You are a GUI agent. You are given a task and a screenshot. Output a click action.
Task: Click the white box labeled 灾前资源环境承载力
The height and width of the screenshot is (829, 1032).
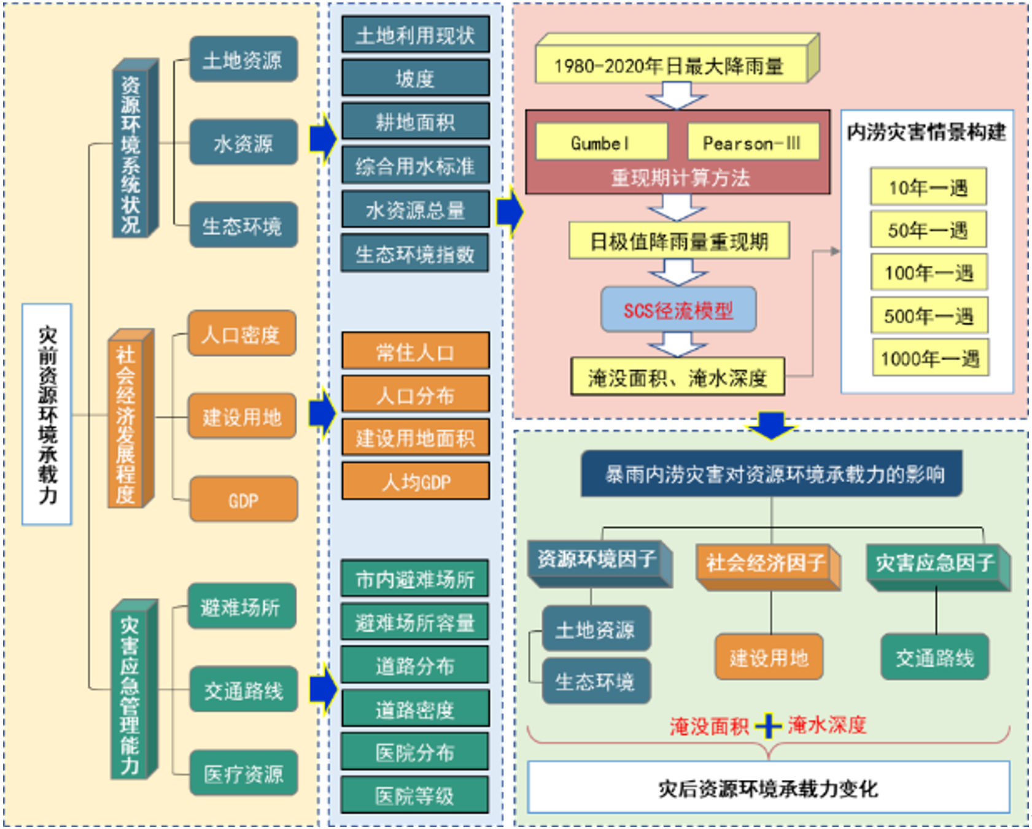pyautogui.click(x=47, y=414)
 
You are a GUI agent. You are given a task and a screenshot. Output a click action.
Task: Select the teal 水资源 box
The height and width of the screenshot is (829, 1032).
pyautogui.click(x=243, y=143)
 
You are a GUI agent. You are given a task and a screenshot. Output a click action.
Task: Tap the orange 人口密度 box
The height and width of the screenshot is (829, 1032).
pyautogui.click(x=242, y=334)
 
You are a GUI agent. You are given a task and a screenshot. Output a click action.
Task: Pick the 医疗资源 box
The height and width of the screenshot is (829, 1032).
pyautogui.click(x=243, y=773)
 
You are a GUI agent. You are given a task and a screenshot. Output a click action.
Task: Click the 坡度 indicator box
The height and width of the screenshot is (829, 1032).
pyautogui.click(x=415, y=78)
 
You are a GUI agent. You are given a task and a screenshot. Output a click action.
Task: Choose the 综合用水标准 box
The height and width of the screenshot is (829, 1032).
pyautogui.click(x=415, y=166)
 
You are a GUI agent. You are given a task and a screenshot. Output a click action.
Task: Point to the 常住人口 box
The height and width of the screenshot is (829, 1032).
pyautogui.click(x=415, y=351)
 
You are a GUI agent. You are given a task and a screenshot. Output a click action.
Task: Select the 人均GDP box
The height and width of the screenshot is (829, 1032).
pyautogui.click(x=415, y=482)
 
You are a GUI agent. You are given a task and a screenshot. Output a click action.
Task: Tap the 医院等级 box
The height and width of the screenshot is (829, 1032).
pyautogui.click(x=415, y=795)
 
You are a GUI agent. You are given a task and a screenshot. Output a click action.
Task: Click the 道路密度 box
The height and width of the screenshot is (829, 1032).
pyautogui.click(x=415, y=709)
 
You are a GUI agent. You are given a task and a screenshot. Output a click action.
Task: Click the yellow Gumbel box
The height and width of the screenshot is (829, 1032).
pyautogui.click(x=601, y=142)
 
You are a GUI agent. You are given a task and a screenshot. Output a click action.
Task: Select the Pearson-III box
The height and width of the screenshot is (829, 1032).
pyautogui.click(x=753, y=142)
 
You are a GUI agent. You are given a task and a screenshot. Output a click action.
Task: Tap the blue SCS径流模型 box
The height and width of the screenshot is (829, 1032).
pyautogui.click(x=678, y=310)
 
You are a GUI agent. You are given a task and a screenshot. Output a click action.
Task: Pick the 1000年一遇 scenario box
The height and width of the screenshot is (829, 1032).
pyautogui.click(x=930, y=358)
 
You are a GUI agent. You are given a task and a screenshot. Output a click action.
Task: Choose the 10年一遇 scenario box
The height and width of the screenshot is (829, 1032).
pyautogui.click(x=928, y=187)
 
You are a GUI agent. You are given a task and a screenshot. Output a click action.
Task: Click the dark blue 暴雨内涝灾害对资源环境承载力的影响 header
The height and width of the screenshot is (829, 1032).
pyautogui.click(x=771, y=474)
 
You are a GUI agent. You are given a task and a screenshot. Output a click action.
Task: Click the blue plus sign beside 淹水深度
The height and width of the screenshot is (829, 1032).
pyautogui.click(x=768, y=726)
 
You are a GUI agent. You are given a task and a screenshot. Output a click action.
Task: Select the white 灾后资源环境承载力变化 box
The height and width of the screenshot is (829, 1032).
pyautogui.click(x=768, y=787)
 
